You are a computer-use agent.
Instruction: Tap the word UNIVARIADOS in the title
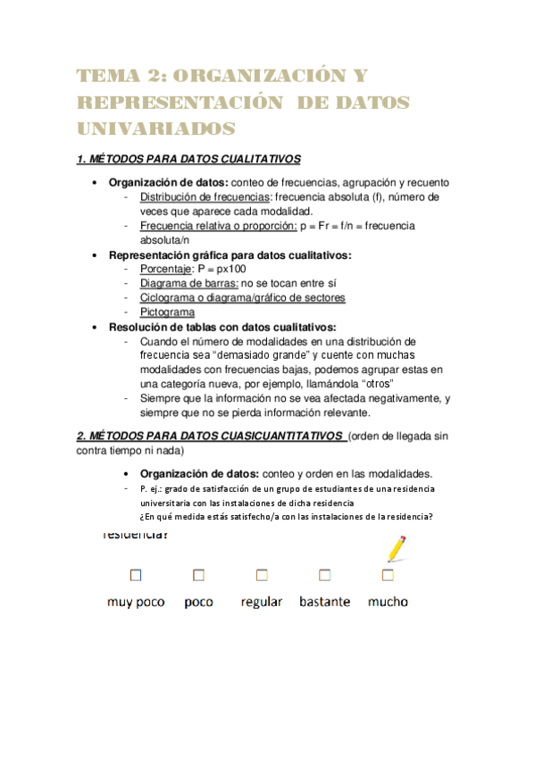click(x=156, y=129)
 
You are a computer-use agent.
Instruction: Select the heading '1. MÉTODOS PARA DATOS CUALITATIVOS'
click(x=188, y=160)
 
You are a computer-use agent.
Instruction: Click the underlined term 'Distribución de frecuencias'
click(x=205, y=196)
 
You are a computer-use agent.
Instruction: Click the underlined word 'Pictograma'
click(x=167, y=312)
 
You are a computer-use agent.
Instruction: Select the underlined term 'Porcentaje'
click(x=166, y=269)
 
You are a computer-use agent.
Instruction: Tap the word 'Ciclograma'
click(x=168, y=297)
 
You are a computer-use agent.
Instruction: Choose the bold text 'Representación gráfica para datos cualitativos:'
click(x=230, y=254)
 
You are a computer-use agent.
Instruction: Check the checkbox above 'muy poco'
click(x=136, y=574)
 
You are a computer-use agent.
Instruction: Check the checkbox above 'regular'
click(x=261, y=574)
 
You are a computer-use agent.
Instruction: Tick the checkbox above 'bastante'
click(x=324, y=574)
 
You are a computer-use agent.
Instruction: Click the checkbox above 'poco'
click(x=198, y=574)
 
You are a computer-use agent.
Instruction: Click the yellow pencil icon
click(x=394, y=547)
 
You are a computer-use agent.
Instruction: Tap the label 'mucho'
click(x=388, y=602)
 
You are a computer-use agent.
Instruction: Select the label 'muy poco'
click(x=136, y=602)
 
